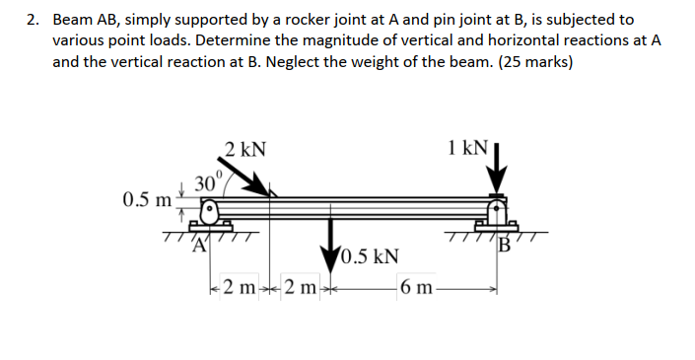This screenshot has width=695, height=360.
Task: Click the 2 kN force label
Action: [244, 151]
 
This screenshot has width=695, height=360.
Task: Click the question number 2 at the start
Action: [33, 20]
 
